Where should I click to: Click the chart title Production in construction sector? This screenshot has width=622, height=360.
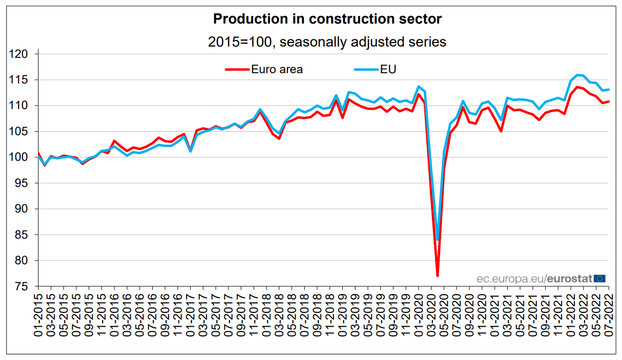click(x=327, y=19)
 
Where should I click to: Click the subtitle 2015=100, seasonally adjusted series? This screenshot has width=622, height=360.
click(x=327, y=42)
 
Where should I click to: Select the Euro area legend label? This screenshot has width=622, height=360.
click(x=277, y=69)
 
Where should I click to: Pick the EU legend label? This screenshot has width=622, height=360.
click(x=388, y=69)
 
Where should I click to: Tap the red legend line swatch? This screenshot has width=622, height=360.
click(x=237, y=69)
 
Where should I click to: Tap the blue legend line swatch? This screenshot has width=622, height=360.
click(x=365, y=69)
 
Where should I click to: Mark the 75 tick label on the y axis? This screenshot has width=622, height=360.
click(x=26, y=287)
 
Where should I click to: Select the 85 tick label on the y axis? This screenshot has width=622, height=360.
click(x=26, y=235)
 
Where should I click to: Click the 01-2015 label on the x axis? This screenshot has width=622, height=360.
click(x=38, y=314)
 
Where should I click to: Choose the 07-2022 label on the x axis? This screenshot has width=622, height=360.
click(x=609, y=314)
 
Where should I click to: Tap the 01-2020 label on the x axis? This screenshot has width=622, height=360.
click(x=419, y=314)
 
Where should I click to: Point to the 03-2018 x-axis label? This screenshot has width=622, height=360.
click(x=279, y=314)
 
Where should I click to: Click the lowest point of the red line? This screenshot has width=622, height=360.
click(x=438, y=276)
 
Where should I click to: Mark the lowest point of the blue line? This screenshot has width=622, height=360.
click(x=438, y=240)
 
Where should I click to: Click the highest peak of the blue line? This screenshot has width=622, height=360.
click(x=577, y=75)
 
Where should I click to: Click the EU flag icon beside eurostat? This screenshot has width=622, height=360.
click(x=600, y=279)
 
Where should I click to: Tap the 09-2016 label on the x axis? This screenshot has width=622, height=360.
click(x=165, y=314)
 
